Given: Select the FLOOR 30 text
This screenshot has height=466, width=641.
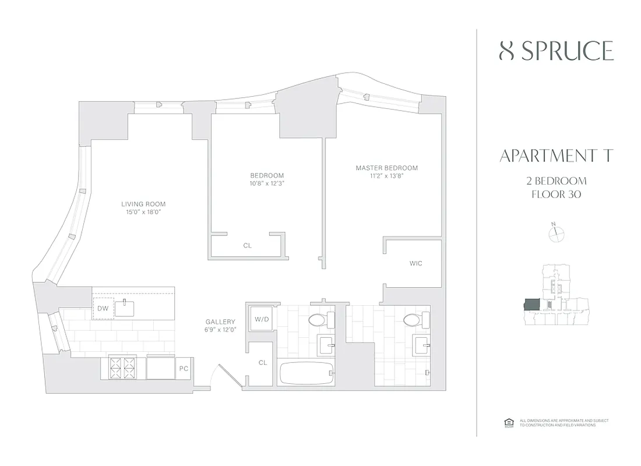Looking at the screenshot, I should coord(557,195).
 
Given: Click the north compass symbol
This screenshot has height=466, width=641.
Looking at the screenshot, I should coord(557,233).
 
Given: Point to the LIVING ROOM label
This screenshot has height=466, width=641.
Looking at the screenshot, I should coord(143,204).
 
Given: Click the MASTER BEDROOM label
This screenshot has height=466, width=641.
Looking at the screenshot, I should coord(386,168).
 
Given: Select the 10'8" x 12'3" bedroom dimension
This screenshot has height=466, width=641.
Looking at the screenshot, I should coord(267,183).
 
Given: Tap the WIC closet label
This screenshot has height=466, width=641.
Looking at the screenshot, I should coord(415,263).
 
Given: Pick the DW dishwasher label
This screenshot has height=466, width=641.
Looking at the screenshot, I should coord(103,308).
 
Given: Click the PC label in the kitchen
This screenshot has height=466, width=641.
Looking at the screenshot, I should coord(183,369).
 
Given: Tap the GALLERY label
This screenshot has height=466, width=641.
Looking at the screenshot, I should coord(220,322).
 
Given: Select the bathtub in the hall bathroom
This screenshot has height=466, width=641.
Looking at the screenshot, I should coord(307,373).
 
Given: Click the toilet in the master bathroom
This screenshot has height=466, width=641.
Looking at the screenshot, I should coord(412,320).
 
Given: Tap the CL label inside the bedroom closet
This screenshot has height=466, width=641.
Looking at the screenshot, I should coord(247,245).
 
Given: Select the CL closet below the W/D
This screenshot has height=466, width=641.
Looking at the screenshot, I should coord(262,362).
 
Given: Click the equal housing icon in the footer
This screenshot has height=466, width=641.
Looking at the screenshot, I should coord(507,422).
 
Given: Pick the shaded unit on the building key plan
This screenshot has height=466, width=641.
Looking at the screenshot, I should coord(532,305).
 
